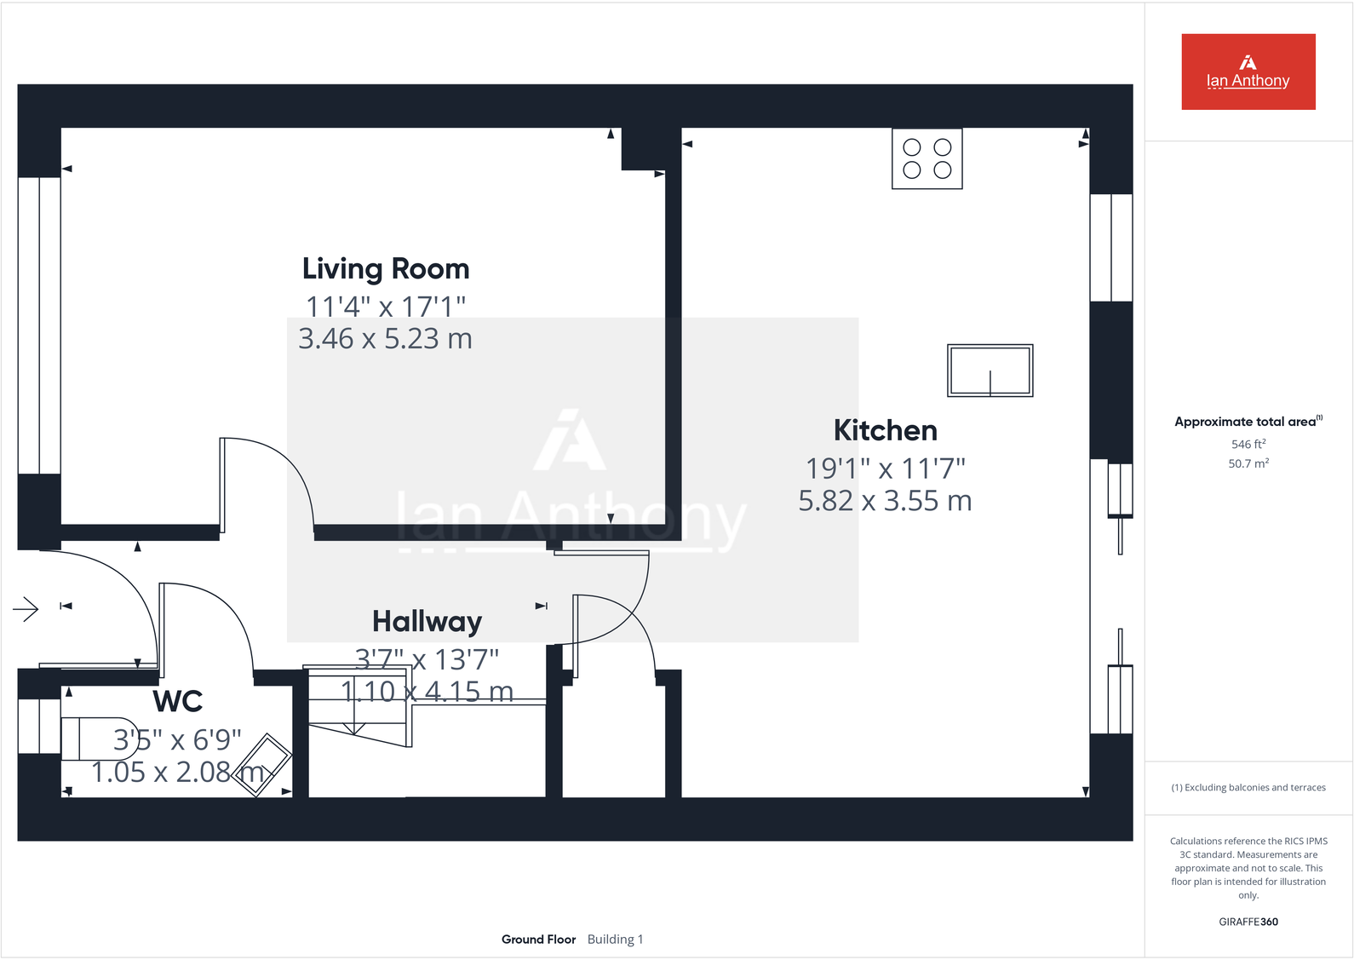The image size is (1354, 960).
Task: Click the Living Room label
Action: [x=386, y=269]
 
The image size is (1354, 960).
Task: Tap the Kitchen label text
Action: [x=885, y=431]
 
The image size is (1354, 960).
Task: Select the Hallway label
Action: [x=427, y=622]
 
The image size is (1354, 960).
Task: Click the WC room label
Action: [x=178, y=702]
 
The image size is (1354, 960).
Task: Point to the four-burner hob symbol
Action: [x=927, y=158]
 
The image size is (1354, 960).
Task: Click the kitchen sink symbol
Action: [x=990, y=371]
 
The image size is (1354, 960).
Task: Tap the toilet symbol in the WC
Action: [x=98, y=739]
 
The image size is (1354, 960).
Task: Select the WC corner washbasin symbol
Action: [x=263, y=764]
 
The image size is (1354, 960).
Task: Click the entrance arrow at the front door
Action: [x=26, y=609]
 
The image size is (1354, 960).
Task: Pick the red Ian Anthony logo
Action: [x=1248, y=72]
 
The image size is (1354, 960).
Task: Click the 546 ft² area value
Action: [x=1248, y=444]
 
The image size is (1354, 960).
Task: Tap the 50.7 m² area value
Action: [x=1248, y=463]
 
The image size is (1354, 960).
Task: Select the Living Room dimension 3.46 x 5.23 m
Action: [x=385, y=339]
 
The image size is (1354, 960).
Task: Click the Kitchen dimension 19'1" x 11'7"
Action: [x=885, y=469]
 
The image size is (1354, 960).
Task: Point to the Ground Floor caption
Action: [x=538, y=939]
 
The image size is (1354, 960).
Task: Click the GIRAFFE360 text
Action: [x=1248, y=922]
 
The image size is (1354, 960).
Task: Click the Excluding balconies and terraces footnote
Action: [x=1248, y=787]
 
